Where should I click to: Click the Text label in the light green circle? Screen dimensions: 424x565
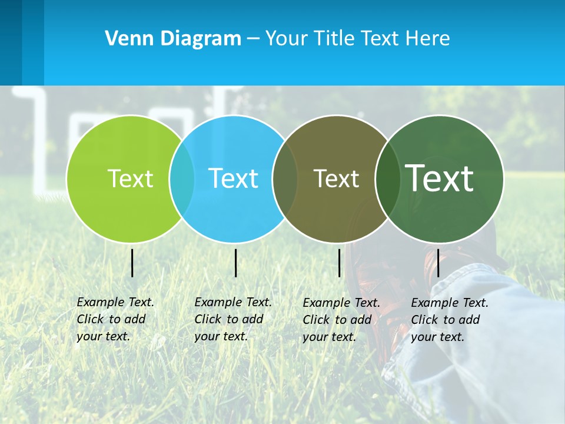click(x=130, y=178)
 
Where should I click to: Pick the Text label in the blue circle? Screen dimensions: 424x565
click(x=233, y=178)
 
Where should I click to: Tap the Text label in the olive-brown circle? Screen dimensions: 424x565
click(x=336, y=178)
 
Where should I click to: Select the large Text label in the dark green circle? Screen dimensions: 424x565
click(x=439, y=178)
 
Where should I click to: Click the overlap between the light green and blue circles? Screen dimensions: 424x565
click(x=182, y=178)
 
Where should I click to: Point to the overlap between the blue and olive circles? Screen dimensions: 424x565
click(x=285, y=178)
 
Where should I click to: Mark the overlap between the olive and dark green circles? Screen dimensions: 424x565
click(x=388, y=178)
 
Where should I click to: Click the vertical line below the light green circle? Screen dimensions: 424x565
click(x=132, y=263)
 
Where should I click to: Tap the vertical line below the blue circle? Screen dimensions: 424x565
click(x=235, y=263)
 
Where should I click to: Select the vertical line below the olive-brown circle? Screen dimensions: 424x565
click(x=339, y=263)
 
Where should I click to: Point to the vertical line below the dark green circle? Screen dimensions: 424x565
click(x=438, y=263)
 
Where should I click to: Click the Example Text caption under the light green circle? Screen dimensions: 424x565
click(x=115, y=319)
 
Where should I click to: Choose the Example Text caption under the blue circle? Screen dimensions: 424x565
click(x=232, y=319)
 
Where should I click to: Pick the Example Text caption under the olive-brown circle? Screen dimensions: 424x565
click(x=341, y=320)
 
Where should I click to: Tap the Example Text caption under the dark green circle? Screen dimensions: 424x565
click(x=449, y=320)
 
